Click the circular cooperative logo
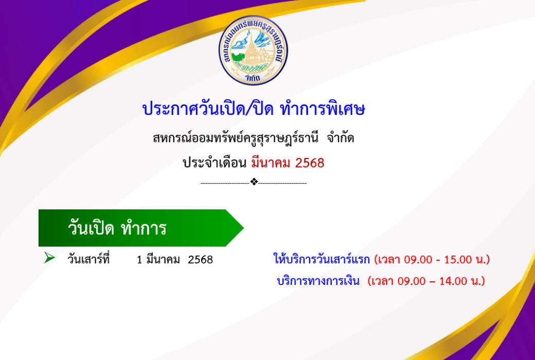253,50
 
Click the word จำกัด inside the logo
253,78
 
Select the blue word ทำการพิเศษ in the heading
323,109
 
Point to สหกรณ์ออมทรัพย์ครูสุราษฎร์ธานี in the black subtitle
236,138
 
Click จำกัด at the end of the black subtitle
340,138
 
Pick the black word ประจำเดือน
215,163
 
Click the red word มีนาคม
271,163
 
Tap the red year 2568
310,163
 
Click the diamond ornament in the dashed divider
254,182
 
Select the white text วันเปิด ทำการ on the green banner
117,228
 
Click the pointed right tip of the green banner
244,228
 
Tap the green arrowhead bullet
49,258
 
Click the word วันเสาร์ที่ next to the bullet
88,259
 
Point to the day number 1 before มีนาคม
139,260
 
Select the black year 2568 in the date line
200,260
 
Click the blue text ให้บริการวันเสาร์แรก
322,259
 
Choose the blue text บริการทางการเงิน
318,281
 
